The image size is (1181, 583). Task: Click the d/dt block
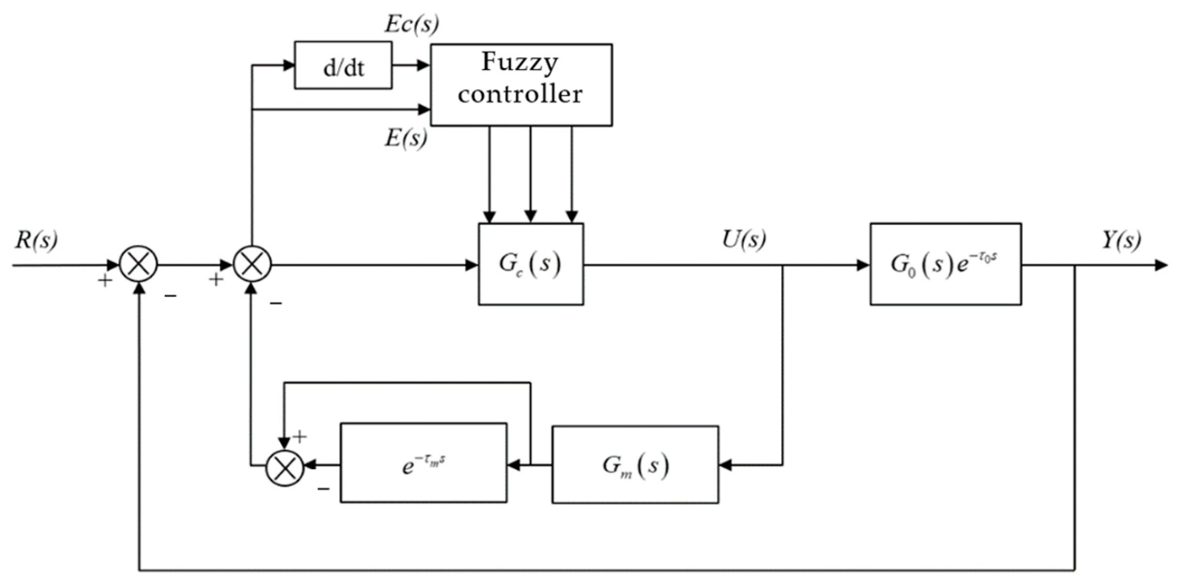click(343, 65)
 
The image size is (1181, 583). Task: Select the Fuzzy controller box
click(521, 85)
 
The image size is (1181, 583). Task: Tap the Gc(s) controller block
click(531, 264)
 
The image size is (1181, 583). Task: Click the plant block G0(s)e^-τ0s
click(945, 264)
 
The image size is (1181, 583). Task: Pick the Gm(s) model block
click(635, 465)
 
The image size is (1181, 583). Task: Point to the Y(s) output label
click(1121, 240)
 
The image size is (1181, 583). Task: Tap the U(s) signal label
click(744, 239)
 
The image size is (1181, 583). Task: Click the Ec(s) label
click(411, 24)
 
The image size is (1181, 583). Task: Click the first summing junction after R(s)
click(139, 264)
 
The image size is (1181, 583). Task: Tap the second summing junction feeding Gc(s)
click(252, 264)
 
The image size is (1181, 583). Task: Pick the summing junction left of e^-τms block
click(285, 467)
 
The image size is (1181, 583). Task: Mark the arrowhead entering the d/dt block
click(289, 65)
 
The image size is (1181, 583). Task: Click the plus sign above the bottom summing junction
click(300, 437)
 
